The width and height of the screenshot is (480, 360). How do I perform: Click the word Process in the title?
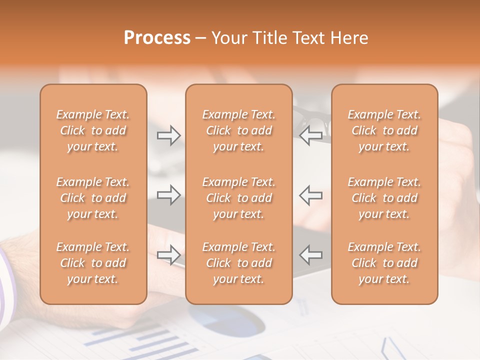(x=157, y=38)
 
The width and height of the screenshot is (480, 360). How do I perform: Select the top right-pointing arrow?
(x=168, y=135)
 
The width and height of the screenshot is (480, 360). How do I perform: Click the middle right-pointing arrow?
(x=168, y=195)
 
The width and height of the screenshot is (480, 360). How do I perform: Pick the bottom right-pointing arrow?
(x=168, y=255)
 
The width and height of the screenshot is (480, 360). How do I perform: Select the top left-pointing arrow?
(x=310, y=135)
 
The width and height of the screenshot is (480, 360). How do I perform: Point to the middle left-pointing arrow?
(x=310, y=195)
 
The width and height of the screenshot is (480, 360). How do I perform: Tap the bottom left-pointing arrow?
(x=310, y=255)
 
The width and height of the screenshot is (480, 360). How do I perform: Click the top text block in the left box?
(x=93, y=130)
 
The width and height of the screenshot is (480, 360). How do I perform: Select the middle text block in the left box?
(x=93, y=198)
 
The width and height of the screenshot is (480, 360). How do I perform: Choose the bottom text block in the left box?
(x=93, y=263)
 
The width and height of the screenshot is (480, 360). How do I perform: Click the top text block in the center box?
(x=238, y=130)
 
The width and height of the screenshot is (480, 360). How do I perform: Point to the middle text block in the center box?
(x=238, y=198)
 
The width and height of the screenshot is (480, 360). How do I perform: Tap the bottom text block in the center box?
(x=238, y=263)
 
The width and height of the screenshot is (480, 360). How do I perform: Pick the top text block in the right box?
(x=384, y=130)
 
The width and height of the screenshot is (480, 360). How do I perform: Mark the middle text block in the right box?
(x=384, y=198)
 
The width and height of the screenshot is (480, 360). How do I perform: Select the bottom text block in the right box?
(x=384, y=263)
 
